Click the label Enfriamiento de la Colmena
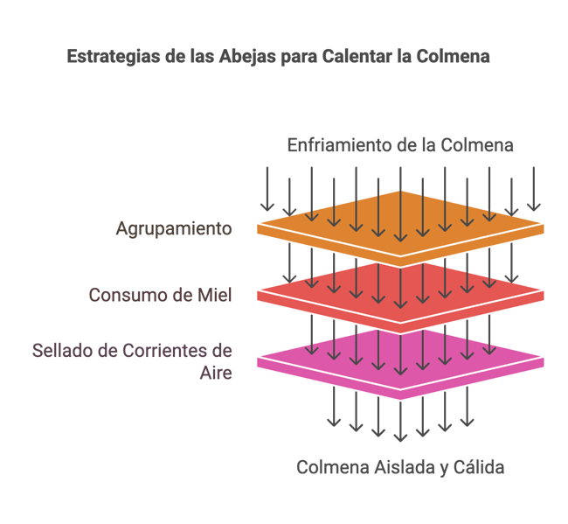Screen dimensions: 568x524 click(x=400, y=145)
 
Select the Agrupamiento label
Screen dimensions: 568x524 click(x=174, y=229)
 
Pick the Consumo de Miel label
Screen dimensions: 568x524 click(x=160, y=295)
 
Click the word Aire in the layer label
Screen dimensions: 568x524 click(x=216, y=373)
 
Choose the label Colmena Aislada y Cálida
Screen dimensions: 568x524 click(x=400, y=467)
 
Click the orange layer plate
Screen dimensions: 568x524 click(x=400, y=229)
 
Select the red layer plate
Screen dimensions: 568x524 click(x=400, y=297)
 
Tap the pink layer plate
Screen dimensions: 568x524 click(x=400, y=363)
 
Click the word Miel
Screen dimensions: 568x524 click(x=214, y=295)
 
